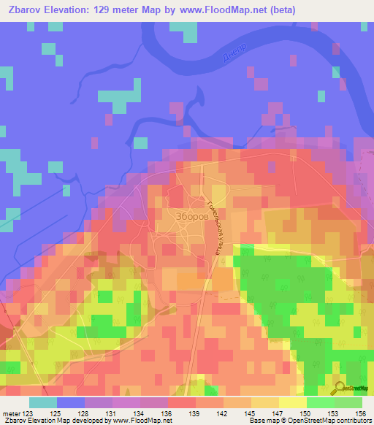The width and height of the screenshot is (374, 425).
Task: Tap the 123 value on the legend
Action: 28,413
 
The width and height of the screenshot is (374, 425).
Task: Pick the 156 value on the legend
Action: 362,413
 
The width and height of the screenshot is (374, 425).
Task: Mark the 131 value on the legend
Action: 112,413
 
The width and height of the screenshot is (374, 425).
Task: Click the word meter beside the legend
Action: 11,413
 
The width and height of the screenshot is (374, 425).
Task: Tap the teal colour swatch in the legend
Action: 42,402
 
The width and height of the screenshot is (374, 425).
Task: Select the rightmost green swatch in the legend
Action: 348,402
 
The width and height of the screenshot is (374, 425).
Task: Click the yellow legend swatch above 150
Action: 292,402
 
